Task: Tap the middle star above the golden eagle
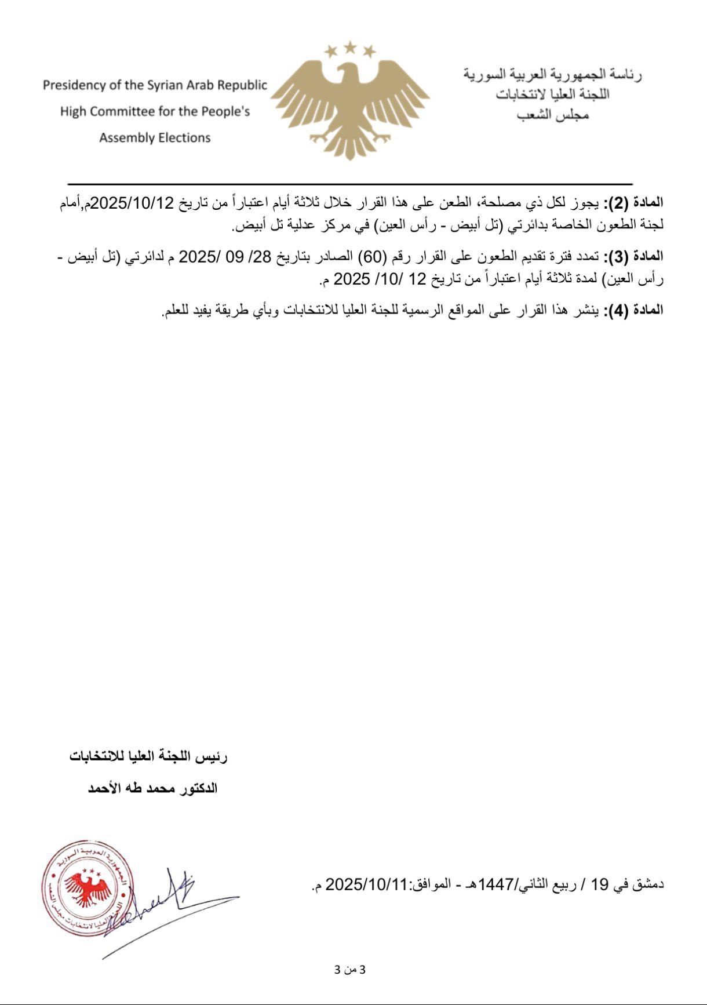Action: pos(349,46)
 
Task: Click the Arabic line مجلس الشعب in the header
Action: pos(553,115)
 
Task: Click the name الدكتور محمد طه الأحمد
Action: pos(152,788)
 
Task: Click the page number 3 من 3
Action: pos(351,970)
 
